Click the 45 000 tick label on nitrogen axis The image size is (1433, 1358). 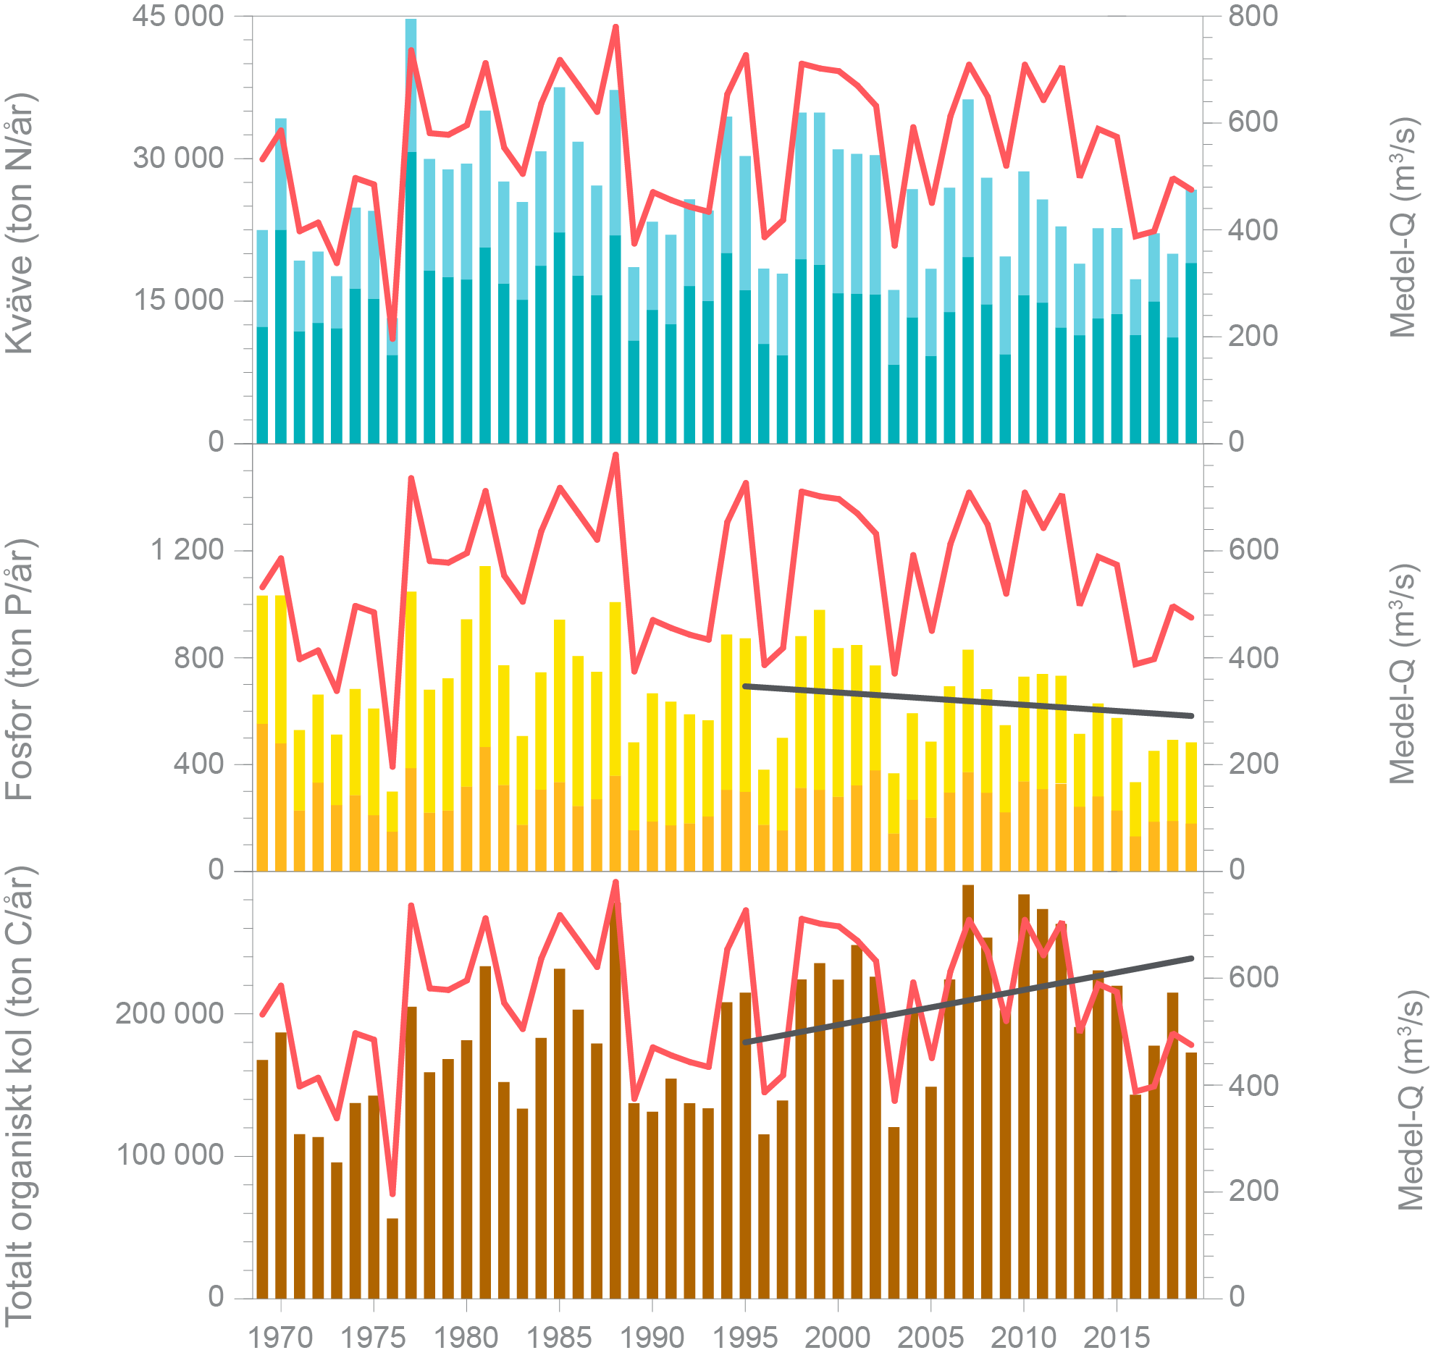point(177,17)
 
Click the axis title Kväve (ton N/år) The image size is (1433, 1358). point(20,223)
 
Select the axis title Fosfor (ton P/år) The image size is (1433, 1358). point(20,670)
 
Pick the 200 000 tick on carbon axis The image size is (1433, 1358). point(169,1013)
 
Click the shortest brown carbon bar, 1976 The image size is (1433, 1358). point(392,1260)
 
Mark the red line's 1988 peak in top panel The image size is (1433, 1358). point(615,28)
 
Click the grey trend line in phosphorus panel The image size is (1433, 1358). point(967,701)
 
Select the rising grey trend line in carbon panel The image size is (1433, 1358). point(967,1000)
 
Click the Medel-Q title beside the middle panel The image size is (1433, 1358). point(1402,673)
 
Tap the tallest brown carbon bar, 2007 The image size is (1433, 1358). point(967,1086)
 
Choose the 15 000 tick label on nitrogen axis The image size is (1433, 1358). point(177,300)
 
